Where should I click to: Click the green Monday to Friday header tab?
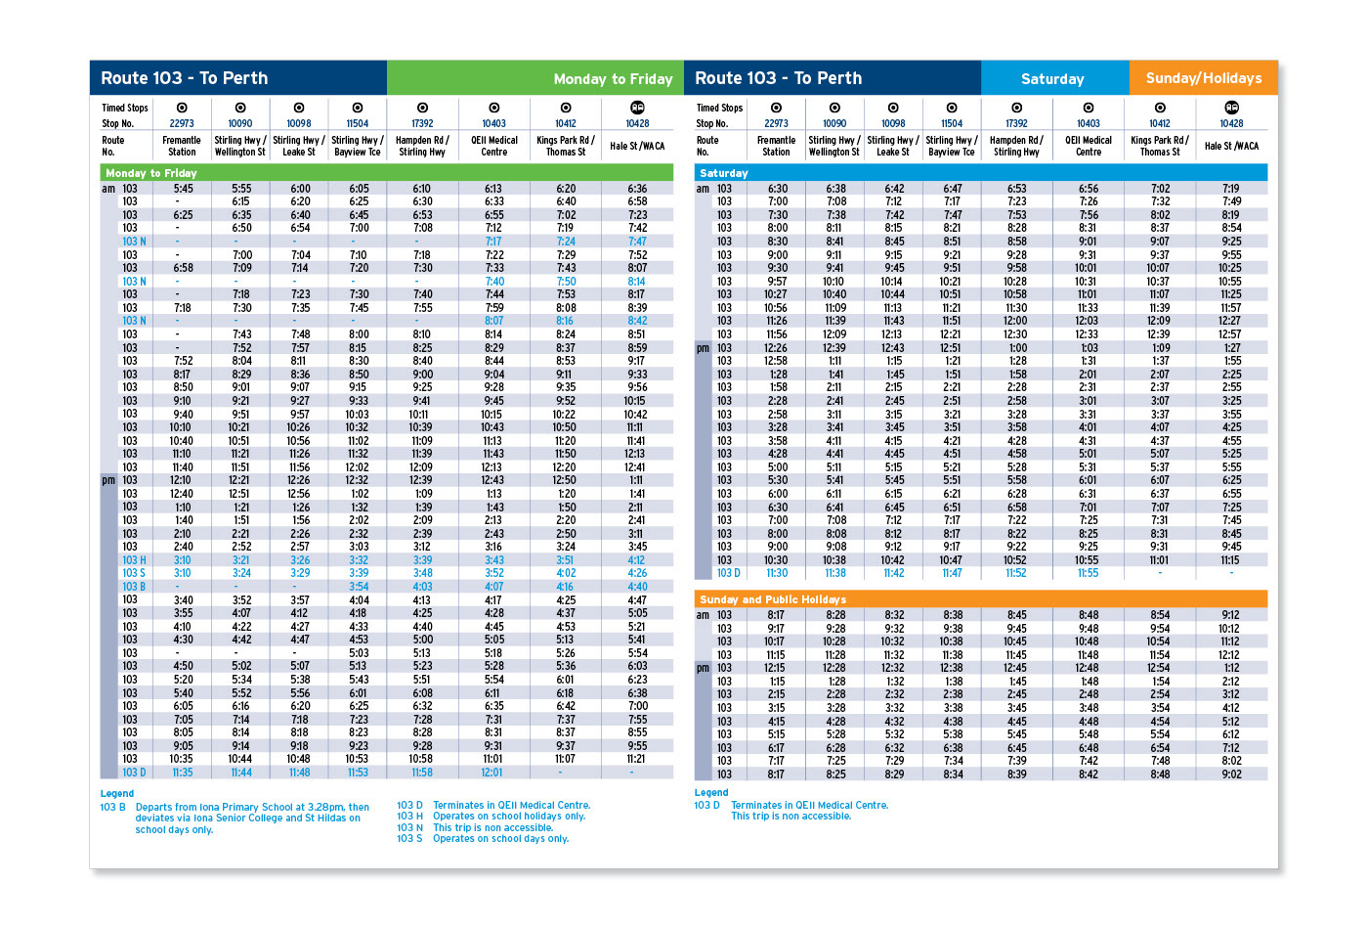(x=533, y=78)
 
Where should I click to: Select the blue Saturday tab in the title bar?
(x=1052, y=78)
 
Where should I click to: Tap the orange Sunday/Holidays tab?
(x=1203, y=78)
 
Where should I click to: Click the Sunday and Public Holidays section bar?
(x=981, y=599)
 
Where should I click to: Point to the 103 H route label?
(x=134, y=560)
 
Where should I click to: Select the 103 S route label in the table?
(x=134, y=573)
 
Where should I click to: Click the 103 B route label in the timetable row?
(x=134, y=587)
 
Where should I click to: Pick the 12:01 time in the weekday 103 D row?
(x=492, y=773)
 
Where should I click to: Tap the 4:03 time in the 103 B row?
(x=422, y=587)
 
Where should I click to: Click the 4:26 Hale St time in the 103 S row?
(x=637, y=573)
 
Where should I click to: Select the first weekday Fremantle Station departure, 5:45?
(x=183, y=189)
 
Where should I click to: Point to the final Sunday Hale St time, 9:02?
(x=1231, y=774)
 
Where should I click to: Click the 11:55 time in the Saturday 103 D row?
(x=1088, y=574)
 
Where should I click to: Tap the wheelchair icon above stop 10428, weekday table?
(x=637, y=108)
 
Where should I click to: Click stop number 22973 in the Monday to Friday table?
(x=182, y=123)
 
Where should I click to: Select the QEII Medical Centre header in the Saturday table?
(x=1089, y=146)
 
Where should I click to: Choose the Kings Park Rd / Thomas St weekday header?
(x=566, y=146)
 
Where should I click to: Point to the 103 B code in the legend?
(x=112, y=808)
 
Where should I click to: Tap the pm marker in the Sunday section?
(x=703, y=668)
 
